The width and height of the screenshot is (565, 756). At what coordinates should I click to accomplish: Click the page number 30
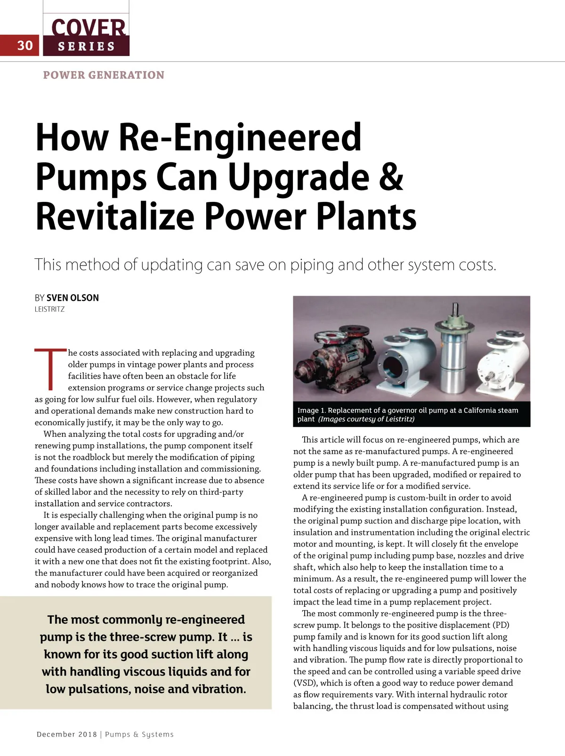(25, 45)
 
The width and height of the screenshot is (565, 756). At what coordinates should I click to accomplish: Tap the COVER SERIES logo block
(86, 36)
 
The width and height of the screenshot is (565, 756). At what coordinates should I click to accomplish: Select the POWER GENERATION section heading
(104, 75)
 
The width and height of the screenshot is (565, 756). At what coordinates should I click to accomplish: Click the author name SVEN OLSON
(73, 298)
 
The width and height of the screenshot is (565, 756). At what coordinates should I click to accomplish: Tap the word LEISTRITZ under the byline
(49, 309)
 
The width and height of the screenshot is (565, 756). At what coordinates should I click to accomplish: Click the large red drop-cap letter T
(50, 369)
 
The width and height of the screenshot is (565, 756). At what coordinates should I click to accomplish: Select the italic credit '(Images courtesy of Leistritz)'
(366, 419)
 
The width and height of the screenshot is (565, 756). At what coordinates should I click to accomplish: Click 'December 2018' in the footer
(66, 734)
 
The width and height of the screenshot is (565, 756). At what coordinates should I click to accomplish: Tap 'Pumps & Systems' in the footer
(139, 734)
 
